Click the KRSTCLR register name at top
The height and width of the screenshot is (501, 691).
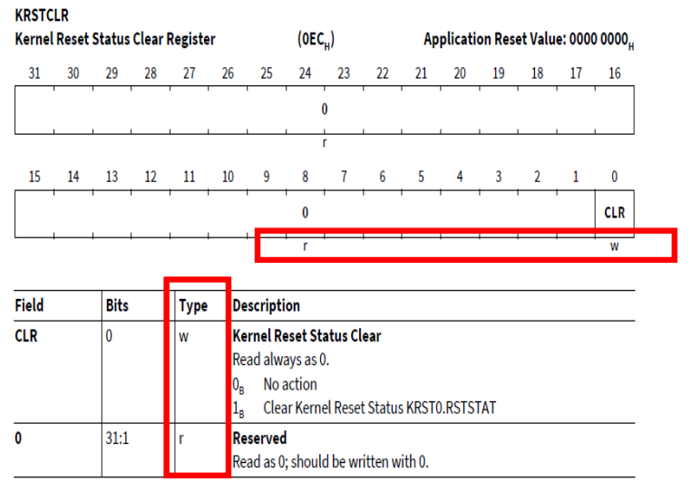click(x=42, y=14)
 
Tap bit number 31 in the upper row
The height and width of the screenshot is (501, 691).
click(x=34, y=73)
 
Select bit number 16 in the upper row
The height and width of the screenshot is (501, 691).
click(x=615, y=73)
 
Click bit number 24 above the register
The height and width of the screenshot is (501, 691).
click(x=305, y=73)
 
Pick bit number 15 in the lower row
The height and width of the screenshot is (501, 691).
click(x=34, y=178)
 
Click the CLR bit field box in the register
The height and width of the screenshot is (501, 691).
click(x=614, y=213)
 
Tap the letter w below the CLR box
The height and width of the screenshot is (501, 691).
click(x=614, y=246)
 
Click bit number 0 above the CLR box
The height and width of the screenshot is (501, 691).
click(x=615, y=178)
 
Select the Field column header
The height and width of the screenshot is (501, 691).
click(x=29, y=306)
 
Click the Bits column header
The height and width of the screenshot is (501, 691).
click(x=117, y=306)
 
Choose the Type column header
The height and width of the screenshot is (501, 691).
click(x=193, y=306)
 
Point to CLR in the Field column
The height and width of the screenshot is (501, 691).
click(x=26, y=335)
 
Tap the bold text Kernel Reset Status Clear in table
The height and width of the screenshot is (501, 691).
click(x=307, y=335)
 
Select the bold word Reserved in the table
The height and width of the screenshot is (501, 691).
click(x=259, y=438)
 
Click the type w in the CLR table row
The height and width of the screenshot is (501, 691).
click(x=182, y=335)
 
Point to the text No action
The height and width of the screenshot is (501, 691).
click(x=290, y=384)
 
